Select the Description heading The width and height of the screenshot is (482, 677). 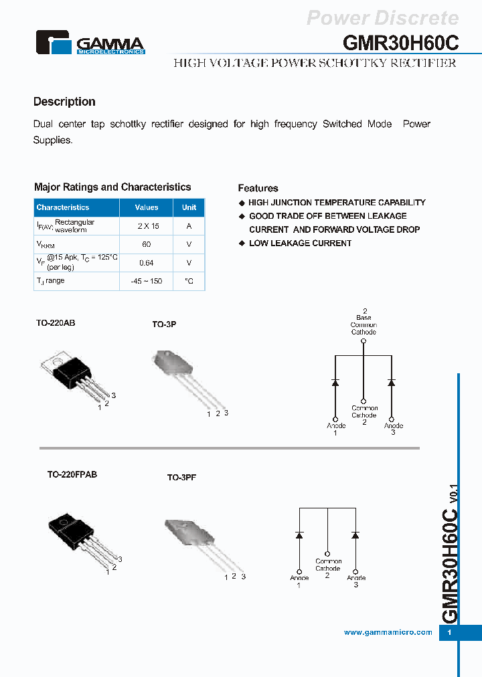tap(64, 102)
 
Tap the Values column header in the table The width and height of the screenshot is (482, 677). tap(147, 207)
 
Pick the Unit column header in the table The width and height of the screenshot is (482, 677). tap(189, 207)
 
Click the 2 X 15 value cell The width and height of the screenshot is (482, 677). tap(147, 226)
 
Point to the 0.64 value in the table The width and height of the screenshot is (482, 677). tap(147, 263)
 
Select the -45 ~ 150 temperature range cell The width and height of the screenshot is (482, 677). tap(147, 281)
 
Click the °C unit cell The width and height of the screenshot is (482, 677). tap(189, 281)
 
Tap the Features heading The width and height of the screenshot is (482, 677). tap(258, 188)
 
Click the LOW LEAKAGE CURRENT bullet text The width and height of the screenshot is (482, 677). tap(300, 243)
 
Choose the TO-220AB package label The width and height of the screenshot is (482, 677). tap(56, 322)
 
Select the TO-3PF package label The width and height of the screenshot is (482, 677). tap(181, 478)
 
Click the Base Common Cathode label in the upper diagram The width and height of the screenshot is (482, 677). tap(364, 324)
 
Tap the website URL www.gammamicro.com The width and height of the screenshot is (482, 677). tap(388, 632)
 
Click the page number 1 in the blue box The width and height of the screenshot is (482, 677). tap(450, 633)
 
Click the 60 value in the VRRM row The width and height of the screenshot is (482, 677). tap(147, 245)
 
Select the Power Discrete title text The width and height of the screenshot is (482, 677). tap(383, 18)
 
